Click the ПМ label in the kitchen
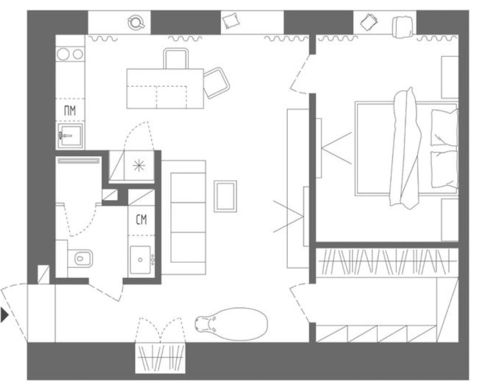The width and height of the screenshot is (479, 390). coord(70,110)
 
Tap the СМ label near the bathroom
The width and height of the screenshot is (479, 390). coord(141,219)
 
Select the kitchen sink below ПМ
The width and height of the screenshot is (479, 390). coord(70,136)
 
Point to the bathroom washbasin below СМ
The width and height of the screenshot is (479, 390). coord(140,259)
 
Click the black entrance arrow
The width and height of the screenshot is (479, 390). coord(4,315)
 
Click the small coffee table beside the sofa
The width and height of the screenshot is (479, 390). coord(225,196)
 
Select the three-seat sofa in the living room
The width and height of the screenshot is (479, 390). coord(183,217)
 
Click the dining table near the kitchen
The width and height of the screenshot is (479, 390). coord(165,89)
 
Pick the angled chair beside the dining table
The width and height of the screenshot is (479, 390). coord(216,83)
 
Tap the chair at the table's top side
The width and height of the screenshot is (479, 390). coord(176,59)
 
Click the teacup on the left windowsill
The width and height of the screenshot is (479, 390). coord(136,22)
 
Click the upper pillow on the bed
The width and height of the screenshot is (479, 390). coord(444,127)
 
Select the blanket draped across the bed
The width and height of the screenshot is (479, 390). coord(405,148)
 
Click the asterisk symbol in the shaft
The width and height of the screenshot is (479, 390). coord(139,165)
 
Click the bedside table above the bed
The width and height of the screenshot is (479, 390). coord(449,77)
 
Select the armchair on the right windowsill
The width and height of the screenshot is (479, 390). coord(403,27)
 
